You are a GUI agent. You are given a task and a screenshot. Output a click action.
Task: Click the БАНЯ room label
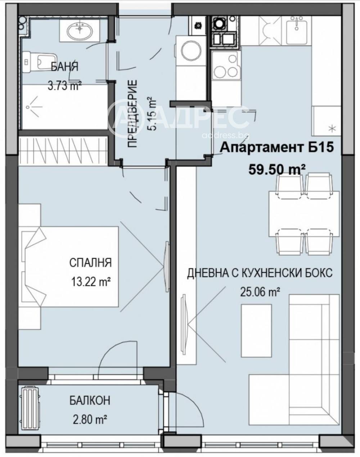[x=65, y=67]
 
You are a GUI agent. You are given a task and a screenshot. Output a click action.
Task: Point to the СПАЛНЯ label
[x=90, y=262]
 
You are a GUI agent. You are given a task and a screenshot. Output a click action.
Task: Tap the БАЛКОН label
[x=90, y=401]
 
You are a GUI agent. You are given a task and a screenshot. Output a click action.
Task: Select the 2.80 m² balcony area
[x=90, y=419]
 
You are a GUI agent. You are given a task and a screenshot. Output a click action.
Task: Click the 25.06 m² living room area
[x=260, y=292]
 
